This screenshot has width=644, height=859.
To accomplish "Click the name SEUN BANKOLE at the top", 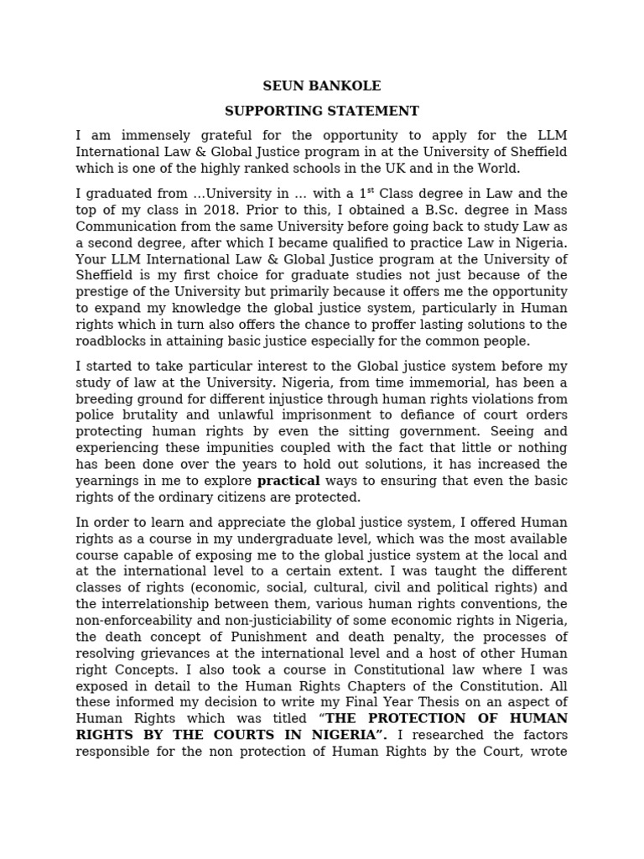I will click(x=322, y=86).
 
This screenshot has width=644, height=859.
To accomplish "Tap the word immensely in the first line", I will click(x=147, y=135).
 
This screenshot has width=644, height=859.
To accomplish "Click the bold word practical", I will click(x=288, y=481).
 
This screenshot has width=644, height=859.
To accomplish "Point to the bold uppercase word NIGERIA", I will click(x=344, y=736).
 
